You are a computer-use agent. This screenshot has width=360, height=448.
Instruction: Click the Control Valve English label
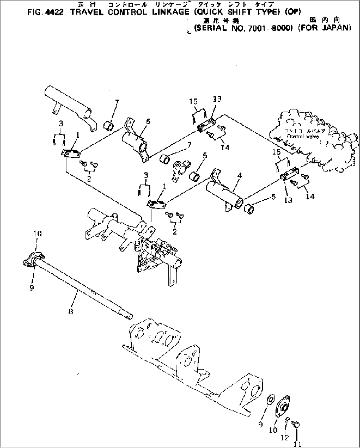pos(303,136)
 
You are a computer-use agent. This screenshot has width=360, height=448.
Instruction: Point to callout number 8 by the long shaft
pos(71,311)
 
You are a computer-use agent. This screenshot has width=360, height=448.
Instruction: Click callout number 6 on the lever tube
pos(148,121)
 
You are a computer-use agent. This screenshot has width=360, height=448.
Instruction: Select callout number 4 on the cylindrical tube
pos(239,176)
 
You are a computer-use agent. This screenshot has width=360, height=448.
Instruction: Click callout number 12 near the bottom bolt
pos(284,437)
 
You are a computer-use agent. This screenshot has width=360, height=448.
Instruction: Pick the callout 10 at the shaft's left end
pos(37,234)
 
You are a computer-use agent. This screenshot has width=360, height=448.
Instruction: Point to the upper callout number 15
pos(194,102)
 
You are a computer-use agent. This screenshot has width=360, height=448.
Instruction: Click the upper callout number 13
pos(217,99)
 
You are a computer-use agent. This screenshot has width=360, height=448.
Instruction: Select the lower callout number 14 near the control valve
pos(310,196)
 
